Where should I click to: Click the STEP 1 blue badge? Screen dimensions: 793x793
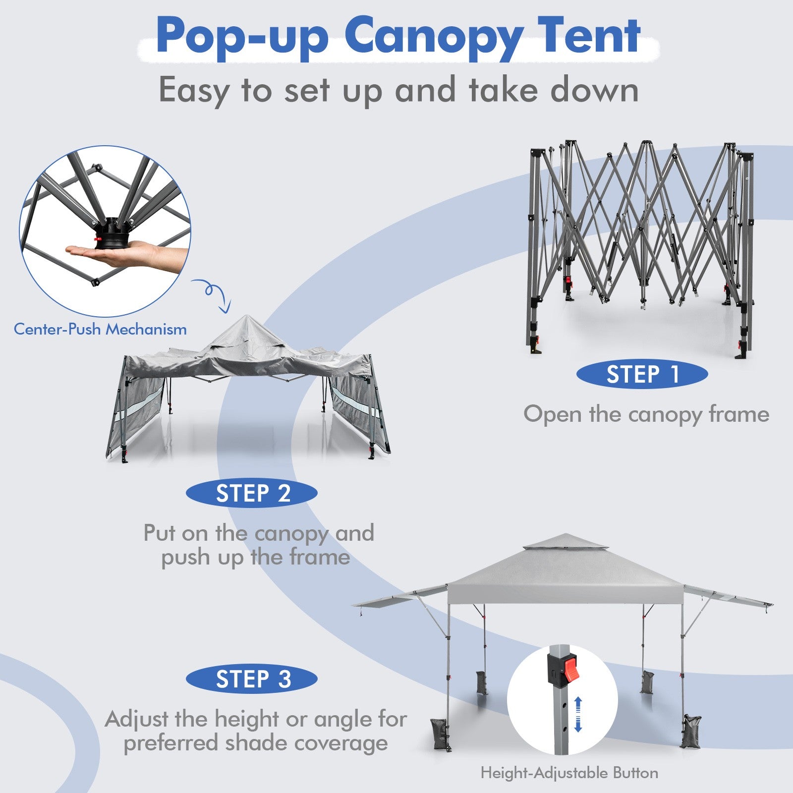coord(642,375)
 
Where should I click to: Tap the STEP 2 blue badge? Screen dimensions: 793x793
coord(252,494)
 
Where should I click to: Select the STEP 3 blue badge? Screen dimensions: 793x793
coord(252,679)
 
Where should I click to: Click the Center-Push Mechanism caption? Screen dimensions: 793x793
coord(100,329)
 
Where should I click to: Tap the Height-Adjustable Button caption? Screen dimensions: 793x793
coord(569,773)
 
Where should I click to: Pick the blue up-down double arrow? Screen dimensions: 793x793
coord(578,714)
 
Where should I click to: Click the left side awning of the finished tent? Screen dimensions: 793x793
coord(399,596)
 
